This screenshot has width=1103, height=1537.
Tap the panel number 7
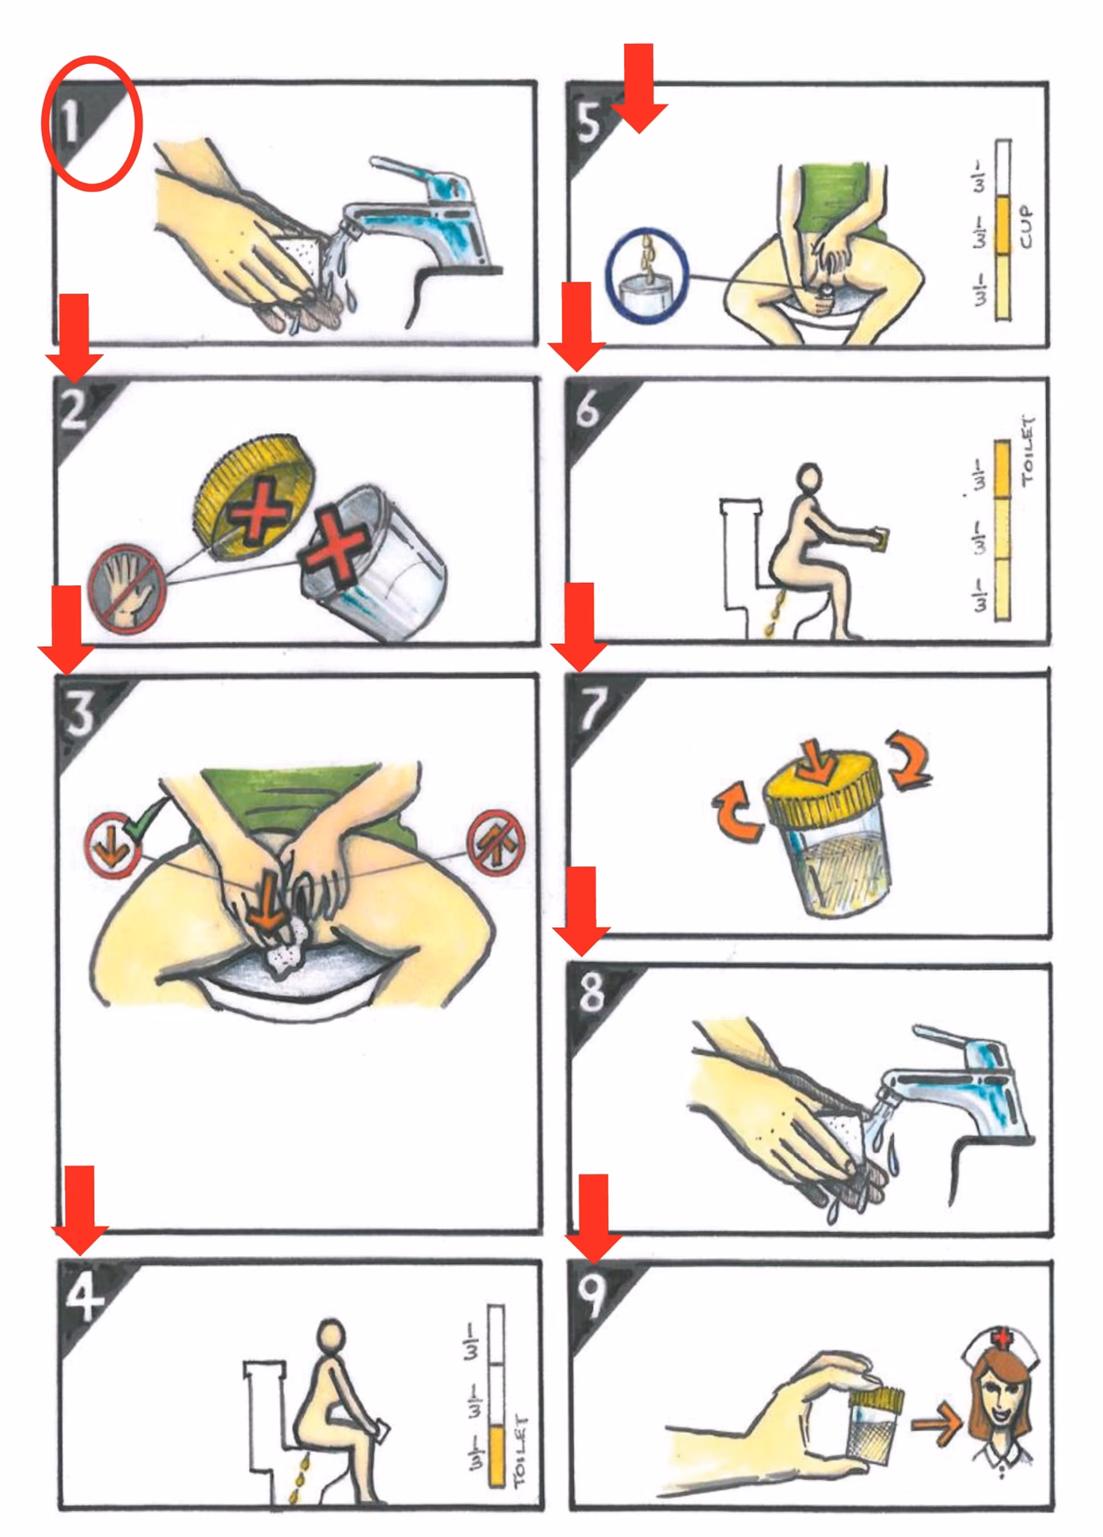click(591, 708)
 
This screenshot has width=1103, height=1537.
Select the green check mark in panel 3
click(148, 817)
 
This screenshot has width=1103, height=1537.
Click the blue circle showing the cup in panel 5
click(647, 270)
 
